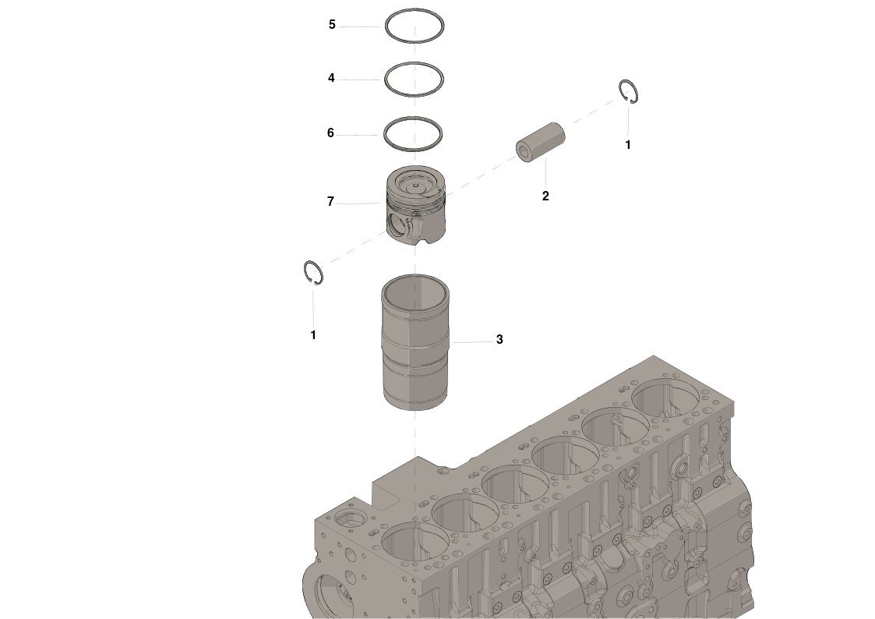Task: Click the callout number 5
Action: pos(332,25)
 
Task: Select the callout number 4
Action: pos(331,78)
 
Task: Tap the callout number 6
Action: pos(330,133)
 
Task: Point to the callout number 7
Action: pos(330,201)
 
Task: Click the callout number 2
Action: pos(545,196)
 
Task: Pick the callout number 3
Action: pos(499,339)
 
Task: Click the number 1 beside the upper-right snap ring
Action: pos(628,144)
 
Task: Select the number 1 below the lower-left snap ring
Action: pos(313,335)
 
